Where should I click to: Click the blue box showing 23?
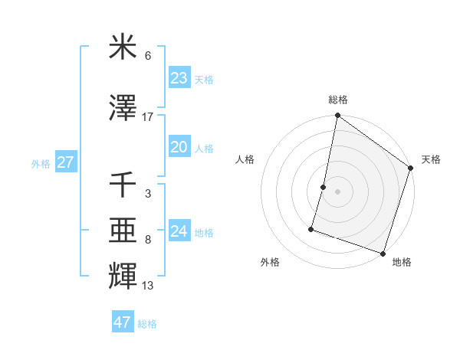pos(179,78)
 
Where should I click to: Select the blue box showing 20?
pos(179,147)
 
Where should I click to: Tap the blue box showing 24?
pos(179,231)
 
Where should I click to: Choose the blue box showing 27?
pos(65,162)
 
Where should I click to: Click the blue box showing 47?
pos(123,322)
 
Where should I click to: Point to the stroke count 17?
pos(148,116)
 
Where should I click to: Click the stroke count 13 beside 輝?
pos(148,286)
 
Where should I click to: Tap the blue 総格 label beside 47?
pos(147,324)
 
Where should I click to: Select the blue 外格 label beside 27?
pos(41,163)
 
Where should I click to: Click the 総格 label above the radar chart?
pos(338,100)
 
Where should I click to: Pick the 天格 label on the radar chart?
pos(431,159)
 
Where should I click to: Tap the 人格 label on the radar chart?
pos(245,159)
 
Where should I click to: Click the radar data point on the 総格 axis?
pos(337,116)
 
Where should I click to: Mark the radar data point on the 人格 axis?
pos(324,187)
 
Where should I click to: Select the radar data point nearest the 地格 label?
pos(383,253)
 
